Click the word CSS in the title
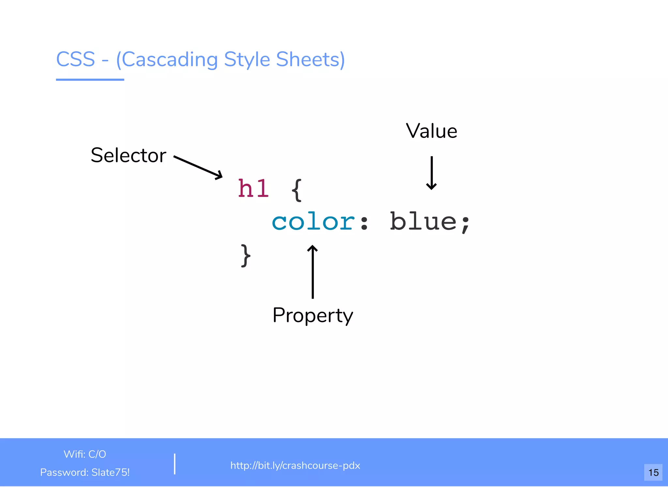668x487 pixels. (76, 59)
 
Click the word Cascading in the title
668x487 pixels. (167, 60)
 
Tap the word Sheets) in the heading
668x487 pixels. (310, 60)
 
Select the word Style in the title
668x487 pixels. (247, 60)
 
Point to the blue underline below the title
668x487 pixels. (90, 80)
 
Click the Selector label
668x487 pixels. (129, 155)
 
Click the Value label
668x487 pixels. (431, 131)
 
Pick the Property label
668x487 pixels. (312, 315)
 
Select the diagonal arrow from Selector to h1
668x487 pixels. (198, 167)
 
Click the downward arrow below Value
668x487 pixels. (431, 173)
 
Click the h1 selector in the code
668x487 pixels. (253, 189)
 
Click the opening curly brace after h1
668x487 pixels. (296, 190)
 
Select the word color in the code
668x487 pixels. (313, 222)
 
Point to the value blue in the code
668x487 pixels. (423, 222)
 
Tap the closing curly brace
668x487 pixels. (246, 256)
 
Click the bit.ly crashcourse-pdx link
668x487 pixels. (295, 465)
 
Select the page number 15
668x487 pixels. (653, 472)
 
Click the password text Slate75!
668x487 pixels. (110, 472)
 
